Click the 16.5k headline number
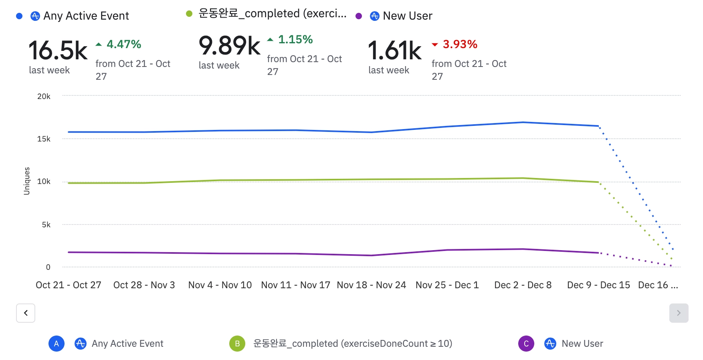[x=58, y=51]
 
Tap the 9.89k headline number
[x=229, y=46]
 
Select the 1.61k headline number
[x=395, y=51]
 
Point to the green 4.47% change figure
[x=123, y=44]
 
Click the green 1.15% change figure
[x=295, y=39]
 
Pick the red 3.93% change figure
[x=460, y=44]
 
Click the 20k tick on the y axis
[x=44, y=96]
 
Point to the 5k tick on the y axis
[x=46, y=224]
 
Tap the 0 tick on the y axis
[x=48, y=267]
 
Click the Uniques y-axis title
[x=27, y=181]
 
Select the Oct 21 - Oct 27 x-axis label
[x=68, y=285]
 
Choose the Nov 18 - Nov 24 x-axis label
[x=371, y=285]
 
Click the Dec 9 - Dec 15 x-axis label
[x=598, y=285]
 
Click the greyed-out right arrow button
[x=679, y=313]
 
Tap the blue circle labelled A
[x=57, y=344]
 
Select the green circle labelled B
[x=237, y=344]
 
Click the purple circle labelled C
[x=526, y=344]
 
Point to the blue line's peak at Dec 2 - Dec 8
[x=523, y=122]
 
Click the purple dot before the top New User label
[x=359, y=16]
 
